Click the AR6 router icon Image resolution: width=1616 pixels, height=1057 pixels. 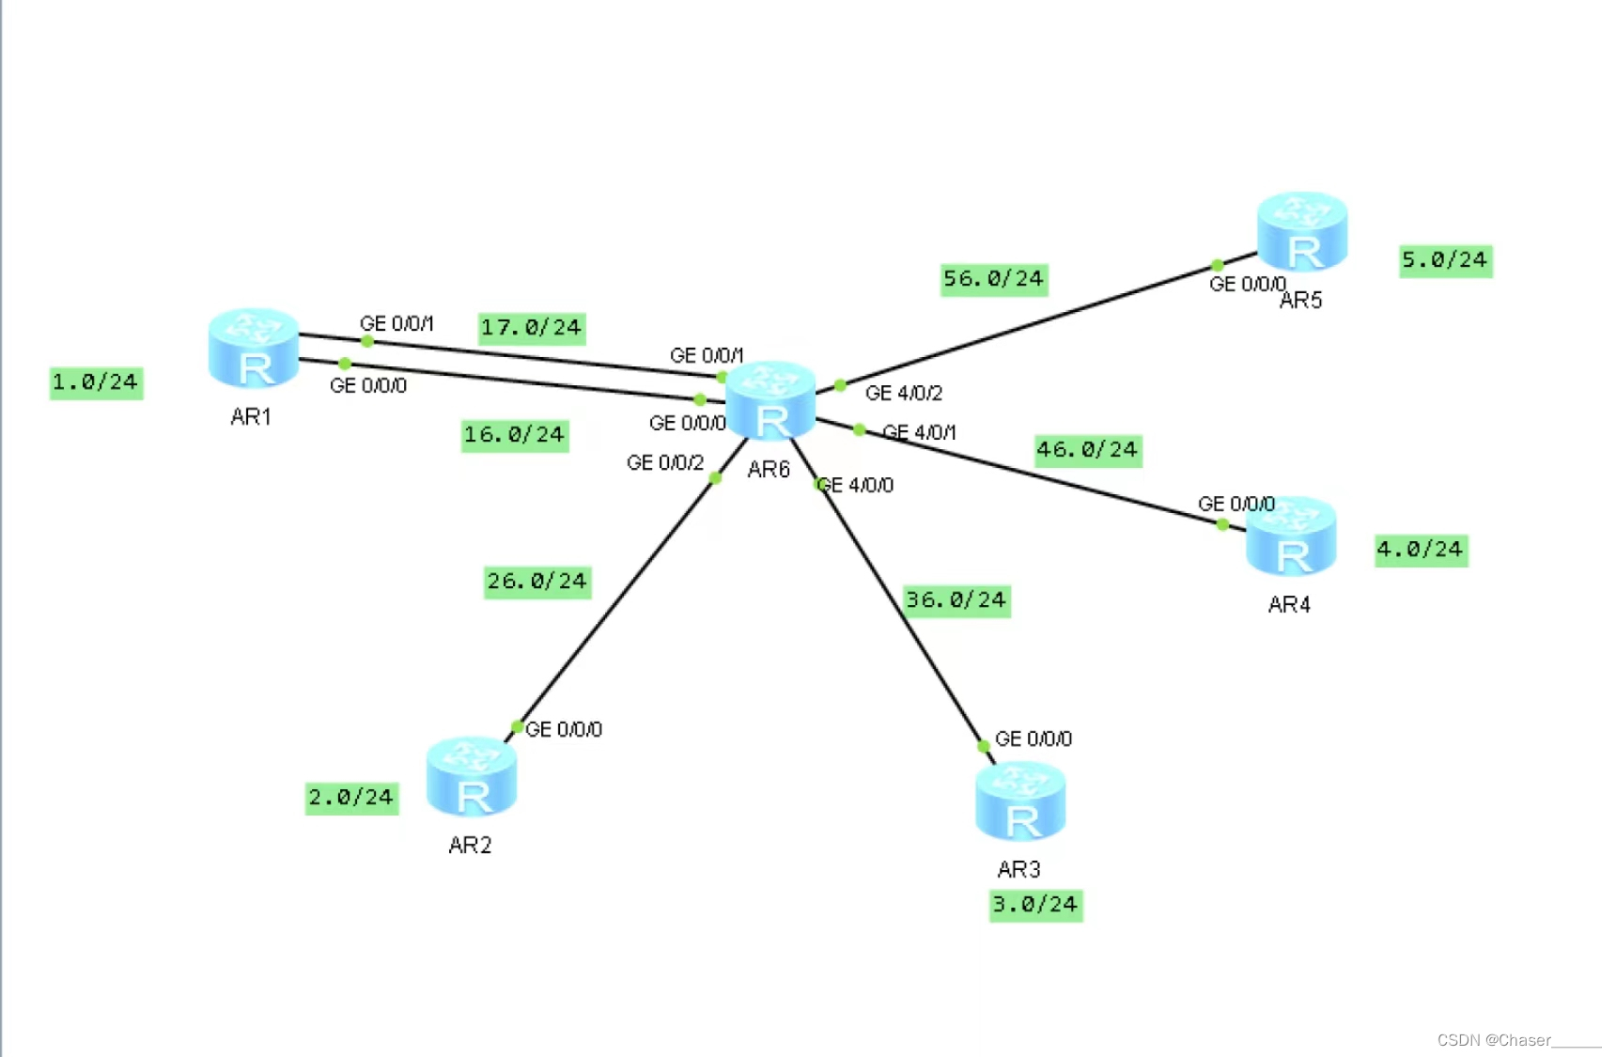tap(770, 401)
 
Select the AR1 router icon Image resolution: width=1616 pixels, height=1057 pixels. tap(254, 348)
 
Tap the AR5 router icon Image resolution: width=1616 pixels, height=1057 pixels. tap(1302, 231)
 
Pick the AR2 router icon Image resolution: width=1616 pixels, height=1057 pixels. tap(472, 777)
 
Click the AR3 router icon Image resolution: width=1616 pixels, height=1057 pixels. tap(1020, 801)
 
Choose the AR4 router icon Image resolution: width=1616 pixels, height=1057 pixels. tap(1291, 536)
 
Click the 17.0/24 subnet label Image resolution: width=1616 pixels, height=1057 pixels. tap(532, 328)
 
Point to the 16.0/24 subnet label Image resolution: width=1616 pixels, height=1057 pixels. tap(515, 435)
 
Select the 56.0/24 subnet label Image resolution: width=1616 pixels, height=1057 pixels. tap(994, 279)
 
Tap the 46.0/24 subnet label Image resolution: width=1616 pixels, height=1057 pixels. tap(1088, 450)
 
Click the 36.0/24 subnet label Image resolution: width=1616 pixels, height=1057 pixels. tap(956, 600)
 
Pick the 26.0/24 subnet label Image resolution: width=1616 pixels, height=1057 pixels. tap(537, 582)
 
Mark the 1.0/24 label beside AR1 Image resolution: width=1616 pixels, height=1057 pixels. tap(96, 382)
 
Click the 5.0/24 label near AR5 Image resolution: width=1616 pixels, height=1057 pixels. tap(1445, 260)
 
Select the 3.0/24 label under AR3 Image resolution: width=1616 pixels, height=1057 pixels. tap(1035, 905)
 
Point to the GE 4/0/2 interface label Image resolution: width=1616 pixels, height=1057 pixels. tap(904, 393)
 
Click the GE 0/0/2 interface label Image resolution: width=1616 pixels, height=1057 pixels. tap(665, 462)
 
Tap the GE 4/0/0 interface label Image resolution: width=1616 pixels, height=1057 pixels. tap(857, 485)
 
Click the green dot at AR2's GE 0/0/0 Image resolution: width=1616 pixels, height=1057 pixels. tap(517, 726)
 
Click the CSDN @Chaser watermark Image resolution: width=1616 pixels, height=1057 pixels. tap(1517, 1040)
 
